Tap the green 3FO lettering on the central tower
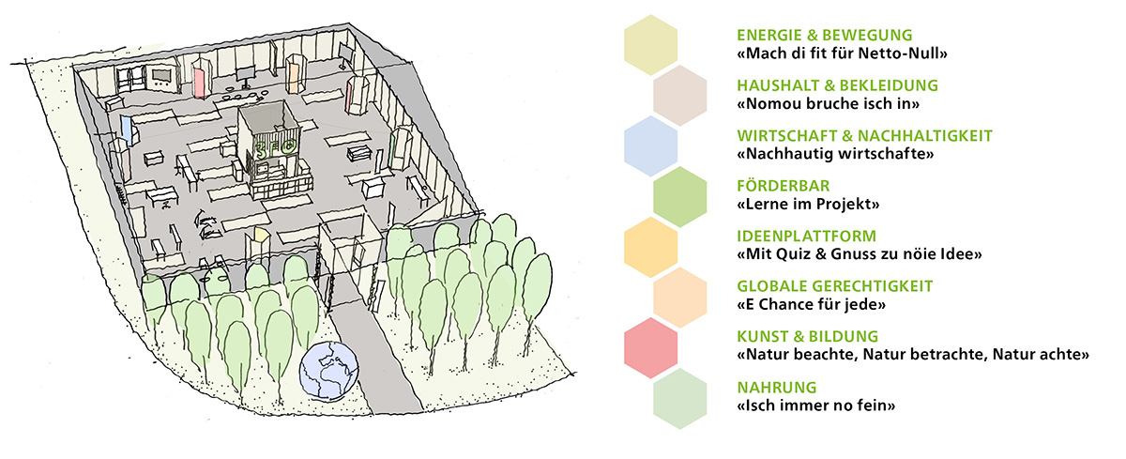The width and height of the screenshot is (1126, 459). pos(276,148)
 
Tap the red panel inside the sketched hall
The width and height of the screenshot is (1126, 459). pos(200,82)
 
